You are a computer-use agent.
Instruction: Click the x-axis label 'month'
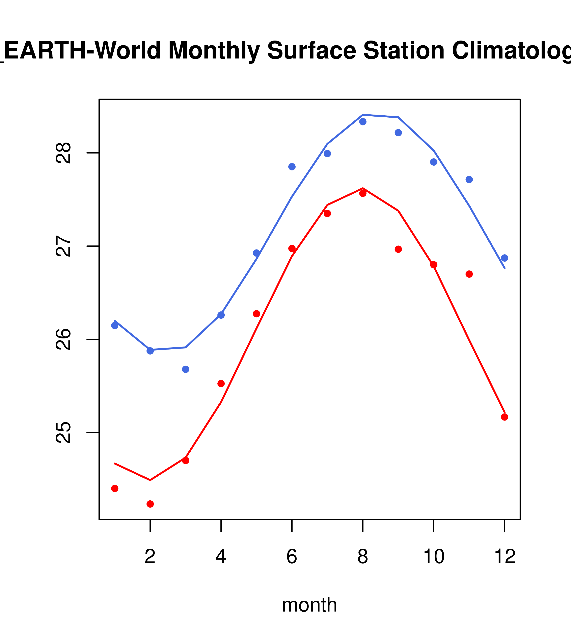pyautogui.click(x=309, y=605)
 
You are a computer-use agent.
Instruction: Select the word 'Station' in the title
pyautogui.click(x=404, y=50)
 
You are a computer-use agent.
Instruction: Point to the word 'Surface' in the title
pyautogui.click(x=311, y=50)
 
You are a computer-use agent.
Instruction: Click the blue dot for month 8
pyautogui.click(x=363, y=122)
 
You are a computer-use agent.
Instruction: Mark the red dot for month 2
pyautogui.click(x=150, y=504)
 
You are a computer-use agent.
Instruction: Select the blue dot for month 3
pyautogui.click(x=186, y=369)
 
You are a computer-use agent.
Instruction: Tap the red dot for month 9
pyautogui.click(x=398, y=249)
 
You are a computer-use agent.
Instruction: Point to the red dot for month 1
pyautogui.click(x=115, y=488)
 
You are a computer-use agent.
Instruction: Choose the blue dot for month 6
pyautogui.click(x=292, y=167)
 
